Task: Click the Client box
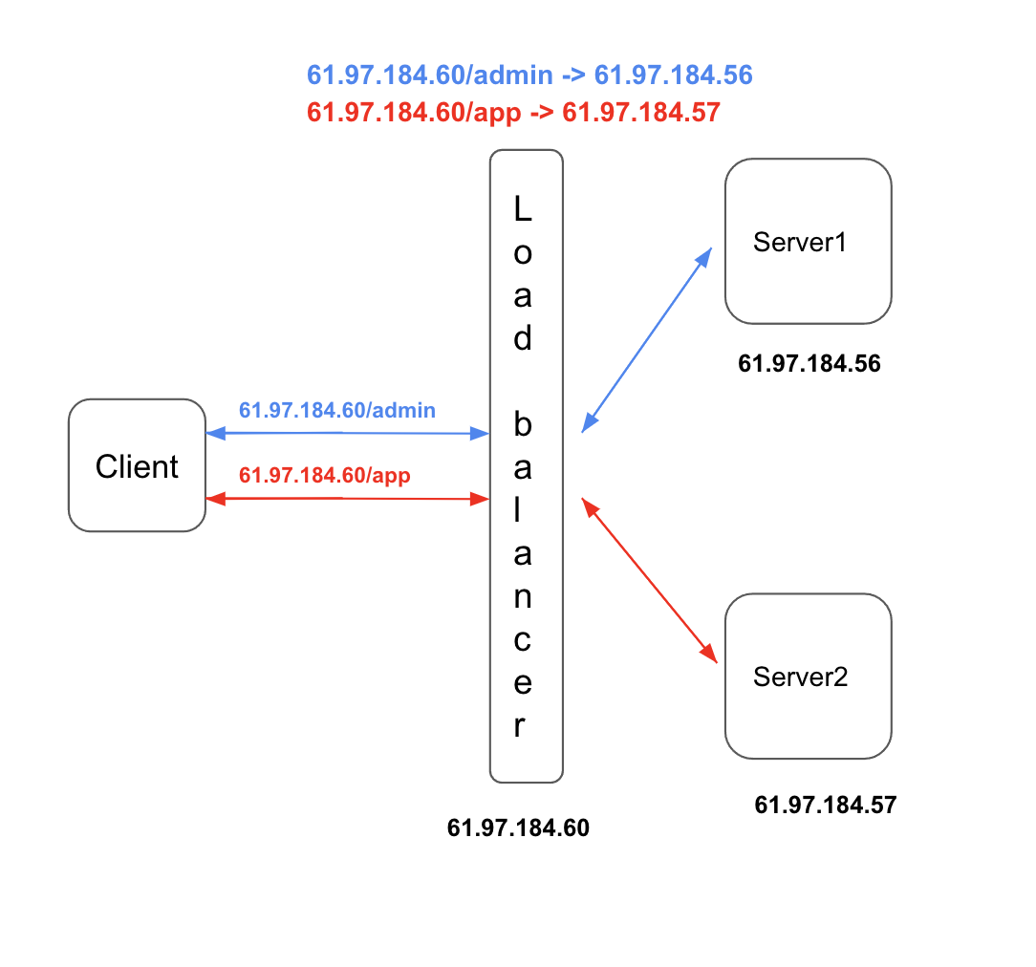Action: point(137,465)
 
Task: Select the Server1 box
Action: point(808,242)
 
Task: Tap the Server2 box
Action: point(808,677)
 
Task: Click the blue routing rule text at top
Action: point(529,75)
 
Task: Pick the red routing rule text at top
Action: point(513,113)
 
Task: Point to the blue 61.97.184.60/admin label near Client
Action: point(337,411)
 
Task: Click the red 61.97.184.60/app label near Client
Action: point(325,474)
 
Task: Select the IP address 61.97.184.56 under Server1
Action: point(809,363)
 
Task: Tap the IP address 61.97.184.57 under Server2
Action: point(826,805)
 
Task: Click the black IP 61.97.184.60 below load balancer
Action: point(518,827)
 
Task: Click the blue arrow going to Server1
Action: point(647,339)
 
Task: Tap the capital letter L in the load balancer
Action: point(523,209)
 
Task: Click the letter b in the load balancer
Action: point(523,424)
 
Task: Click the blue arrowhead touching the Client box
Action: point(214,433)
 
